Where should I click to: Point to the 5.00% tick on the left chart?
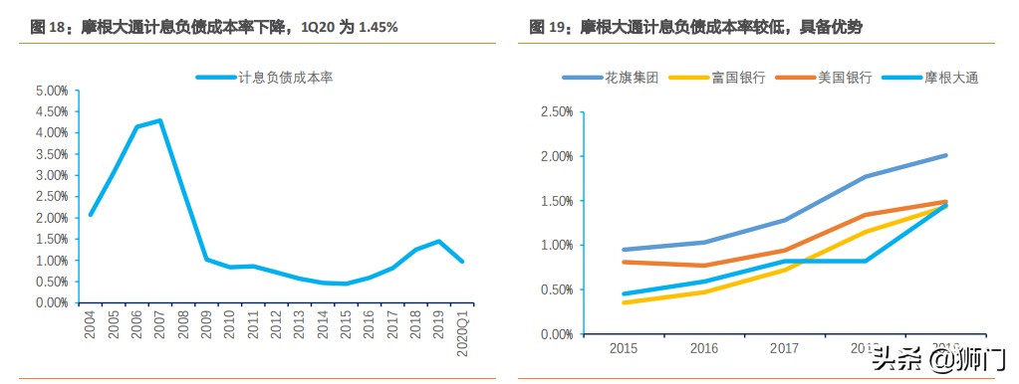(51, 91)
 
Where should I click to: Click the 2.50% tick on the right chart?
(555, 112)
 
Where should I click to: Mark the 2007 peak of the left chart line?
(159, 120)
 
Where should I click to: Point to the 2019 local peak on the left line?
(438, 241)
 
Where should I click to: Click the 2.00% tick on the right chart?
(555, 157)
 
